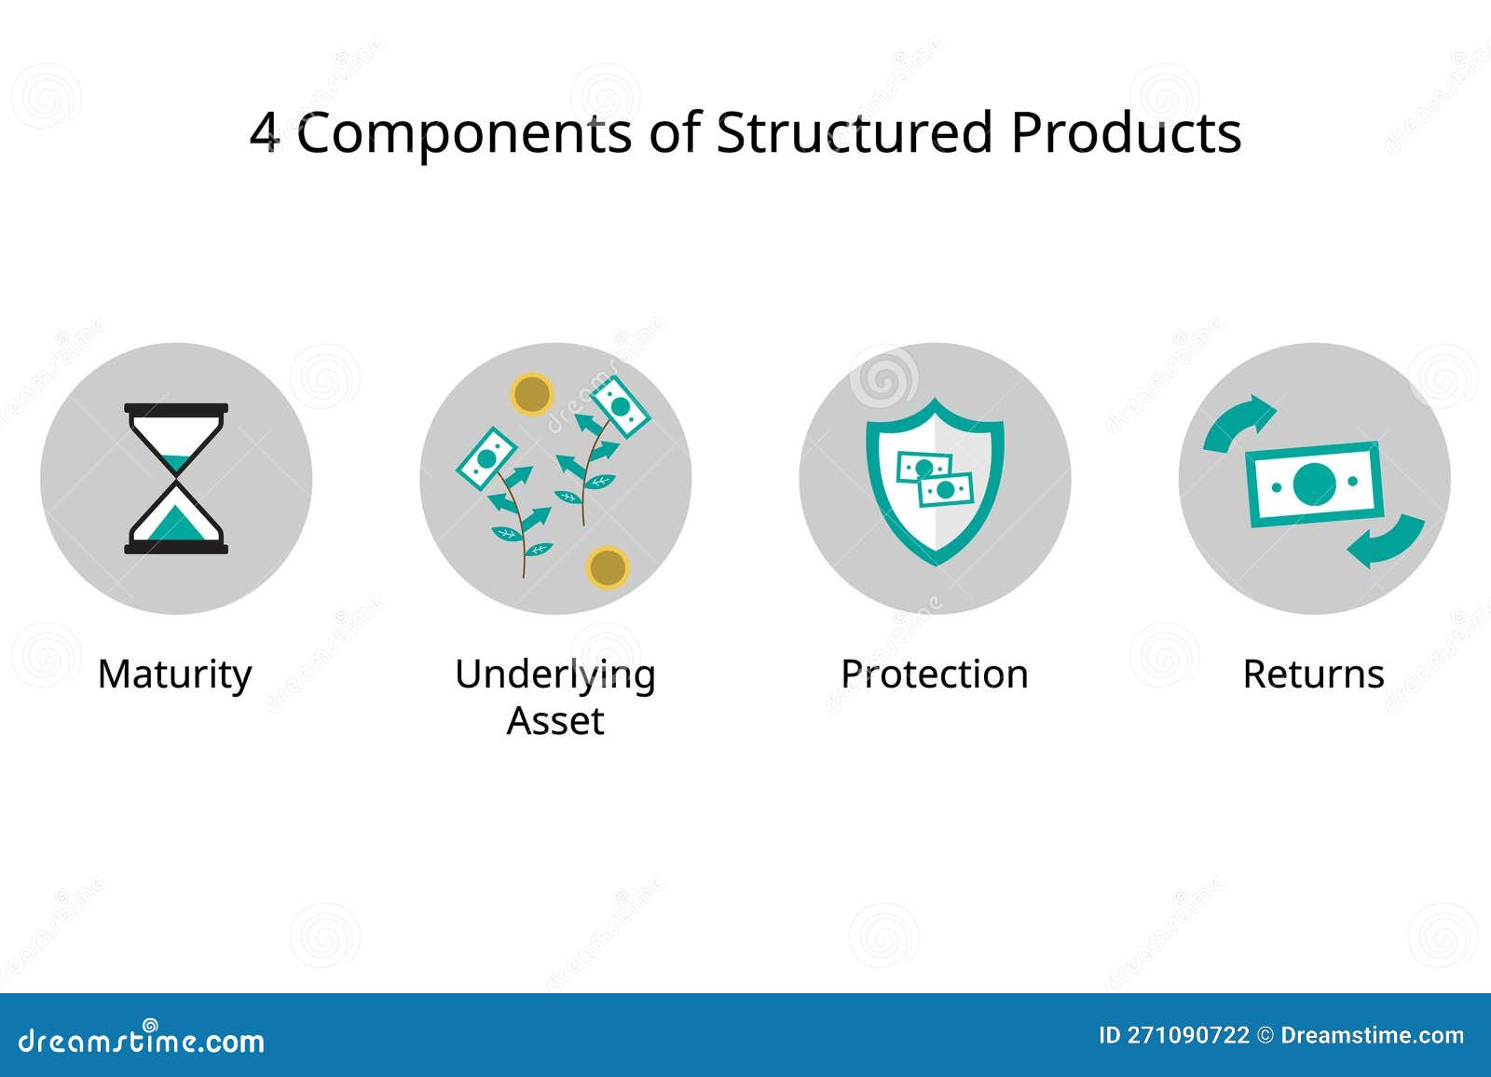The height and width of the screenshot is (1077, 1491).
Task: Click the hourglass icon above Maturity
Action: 176,478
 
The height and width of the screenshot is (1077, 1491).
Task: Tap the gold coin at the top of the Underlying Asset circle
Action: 532,394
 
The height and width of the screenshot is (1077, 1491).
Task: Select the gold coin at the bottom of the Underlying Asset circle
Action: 608,567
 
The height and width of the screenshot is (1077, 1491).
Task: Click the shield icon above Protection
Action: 935,480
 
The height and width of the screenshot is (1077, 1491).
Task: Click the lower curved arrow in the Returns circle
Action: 1386,540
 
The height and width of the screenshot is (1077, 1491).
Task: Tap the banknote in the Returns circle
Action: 1313,483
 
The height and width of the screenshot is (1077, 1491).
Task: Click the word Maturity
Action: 175,675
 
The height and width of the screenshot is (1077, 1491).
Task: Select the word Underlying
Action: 555,675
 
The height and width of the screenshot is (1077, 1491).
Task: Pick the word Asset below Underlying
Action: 555,721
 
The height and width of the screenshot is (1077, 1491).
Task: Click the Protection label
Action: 935,675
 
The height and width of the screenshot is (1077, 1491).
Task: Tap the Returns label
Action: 1313,675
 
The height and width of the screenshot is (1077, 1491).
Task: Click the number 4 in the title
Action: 265,133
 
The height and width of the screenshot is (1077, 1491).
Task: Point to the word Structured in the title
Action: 853,132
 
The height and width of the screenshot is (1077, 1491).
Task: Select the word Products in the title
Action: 1126,132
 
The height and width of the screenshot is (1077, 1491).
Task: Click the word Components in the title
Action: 463,134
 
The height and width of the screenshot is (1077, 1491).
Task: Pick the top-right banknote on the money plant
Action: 621,406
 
